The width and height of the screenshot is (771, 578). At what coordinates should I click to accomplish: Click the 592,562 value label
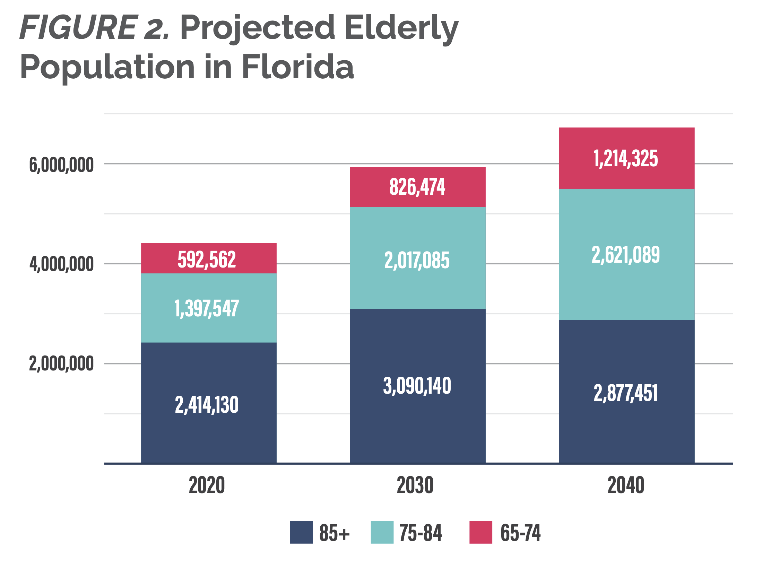[207, 260]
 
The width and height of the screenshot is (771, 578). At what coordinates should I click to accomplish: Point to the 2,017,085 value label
[417, 261]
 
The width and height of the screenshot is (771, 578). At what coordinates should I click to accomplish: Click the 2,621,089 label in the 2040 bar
[626, 255]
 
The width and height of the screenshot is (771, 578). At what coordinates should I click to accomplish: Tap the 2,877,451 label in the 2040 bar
[626, 393]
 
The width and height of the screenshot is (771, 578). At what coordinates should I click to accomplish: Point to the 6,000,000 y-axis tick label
[61, 165]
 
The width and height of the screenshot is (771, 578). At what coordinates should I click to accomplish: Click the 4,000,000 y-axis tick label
[61, 264]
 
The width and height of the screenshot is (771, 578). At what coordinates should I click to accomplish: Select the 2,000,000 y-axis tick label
[61, 364]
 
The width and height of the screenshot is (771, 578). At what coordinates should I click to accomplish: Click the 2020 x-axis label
[207, 485]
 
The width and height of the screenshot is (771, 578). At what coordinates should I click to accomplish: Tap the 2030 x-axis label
[415, 485]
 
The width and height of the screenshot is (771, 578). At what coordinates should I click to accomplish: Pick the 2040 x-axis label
[626, 485]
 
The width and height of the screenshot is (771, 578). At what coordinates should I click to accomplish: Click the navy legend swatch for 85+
[301, 532]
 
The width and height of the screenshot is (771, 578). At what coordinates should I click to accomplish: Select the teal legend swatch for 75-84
[382, 532]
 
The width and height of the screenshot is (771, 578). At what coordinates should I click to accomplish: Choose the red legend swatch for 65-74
[480, 532]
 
